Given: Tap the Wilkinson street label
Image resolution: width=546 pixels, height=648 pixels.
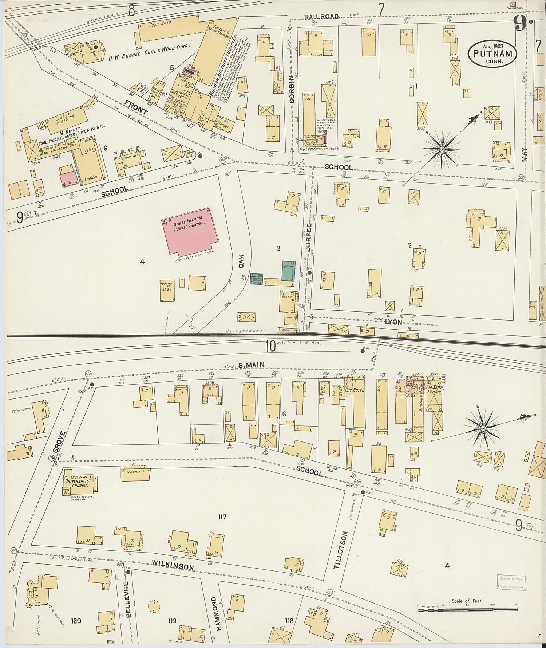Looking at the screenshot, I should pyautogui.click(x=173, y=566).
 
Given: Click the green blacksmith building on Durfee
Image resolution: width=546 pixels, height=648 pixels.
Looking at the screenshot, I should pyautogui.click(x=288, y=270).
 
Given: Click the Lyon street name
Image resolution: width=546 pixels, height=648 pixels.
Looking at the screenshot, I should pyautogui.click(x=393, y=322).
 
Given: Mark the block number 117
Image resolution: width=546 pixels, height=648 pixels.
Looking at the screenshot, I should pyautogui.click(x=222, y=517).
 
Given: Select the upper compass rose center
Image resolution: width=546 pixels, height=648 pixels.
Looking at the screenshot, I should pyautogui.click(x=442, y=149).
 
